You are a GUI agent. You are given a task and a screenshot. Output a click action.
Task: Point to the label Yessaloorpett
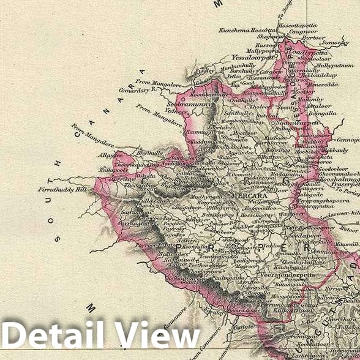[x=254, y=58]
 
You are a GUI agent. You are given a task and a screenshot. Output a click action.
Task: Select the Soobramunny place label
[x=186, y=105]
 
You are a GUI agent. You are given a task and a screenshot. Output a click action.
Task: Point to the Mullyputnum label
[x=335, y=65]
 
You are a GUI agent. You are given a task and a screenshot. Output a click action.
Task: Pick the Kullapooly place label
[x=114, y=167]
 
